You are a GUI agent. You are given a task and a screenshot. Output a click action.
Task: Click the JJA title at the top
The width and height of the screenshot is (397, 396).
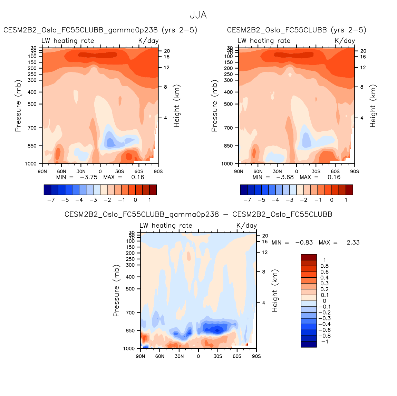click(x=198, y=15)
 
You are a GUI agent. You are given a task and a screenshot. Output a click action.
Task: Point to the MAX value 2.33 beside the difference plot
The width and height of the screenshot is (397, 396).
click(x=353, y=242)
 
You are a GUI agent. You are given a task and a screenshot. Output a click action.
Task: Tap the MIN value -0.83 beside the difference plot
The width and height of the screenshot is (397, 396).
click(x=304, y=242)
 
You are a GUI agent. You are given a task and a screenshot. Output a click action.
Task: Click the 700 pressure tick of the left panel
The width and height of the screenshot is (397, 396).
click(x=32, y=128)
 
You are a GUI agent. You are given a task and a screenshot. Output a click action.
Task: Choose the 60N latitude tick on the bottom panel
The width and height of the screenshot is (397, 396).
click(x=160, y=356)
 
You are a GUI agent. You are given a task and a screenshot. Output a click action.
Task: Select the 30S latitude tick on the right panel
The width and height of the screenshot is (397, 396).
click(x=316, y=171)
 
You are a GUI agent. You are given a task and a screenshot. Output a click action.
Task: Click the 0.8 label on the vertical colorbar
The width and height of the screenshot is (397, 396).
click(x=325, y=266)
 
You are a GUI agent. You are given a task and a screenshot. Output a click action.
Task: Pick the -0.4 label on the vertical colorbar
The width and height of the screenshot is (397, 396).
click(x=324, y=324)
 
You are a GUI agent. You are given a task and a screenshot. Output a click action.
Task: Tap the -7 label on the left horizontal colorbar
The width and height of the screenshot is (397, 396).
click(x=51, y=200)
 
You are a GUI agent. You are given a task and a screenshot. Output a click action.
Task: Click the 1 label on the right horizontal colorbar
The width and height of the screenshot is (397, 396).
click(x=346, y=200)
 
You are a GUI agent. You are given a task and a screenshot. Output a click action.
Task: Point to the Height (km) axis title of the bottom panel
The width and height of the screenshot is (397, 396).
click(x=275, y=291)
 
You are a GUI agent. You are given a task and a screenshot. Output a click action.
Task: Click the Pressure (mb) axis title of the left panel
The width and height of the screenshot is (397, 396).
click(x=18, y=106)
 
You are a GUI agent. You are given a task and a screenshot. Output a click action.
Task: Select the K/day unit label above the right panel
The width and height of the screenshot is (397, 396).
click(x=345, y=41)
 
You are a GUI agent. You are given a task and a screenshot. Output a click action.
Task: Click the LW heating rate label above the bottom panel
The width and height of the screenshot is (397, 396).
click(x=166, y=226)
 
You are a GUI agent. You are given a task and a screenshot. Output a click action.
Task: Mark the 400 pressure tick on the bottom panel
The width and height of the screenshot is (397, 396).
click(x=130, y=277)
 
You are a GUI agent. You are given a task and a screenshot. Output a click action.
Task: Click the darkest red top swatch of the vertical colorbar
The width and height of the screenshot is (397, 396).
click(x=309, y=257)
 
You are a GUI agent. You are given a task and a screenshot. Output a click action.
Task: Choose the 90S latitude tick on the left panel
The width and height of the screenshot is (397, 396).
click(x=158, y=171)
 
